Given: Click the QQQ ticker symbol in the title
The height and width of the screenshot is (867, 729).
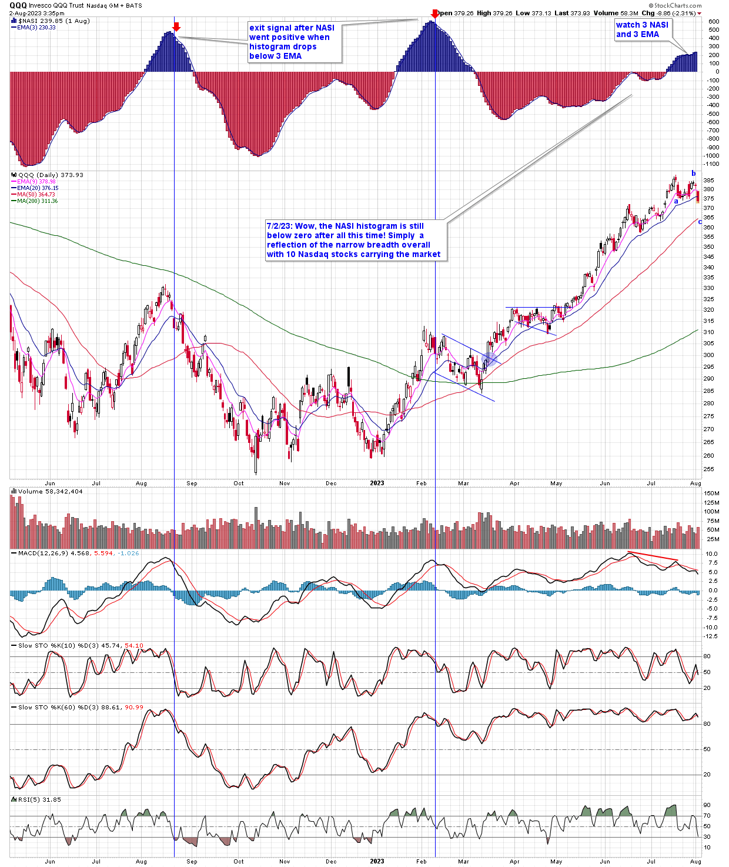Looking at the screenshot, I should (x=18, y=5).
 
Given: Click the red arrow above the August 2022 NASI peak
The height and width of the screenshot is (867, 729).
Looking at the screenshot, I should (x=176, y=26).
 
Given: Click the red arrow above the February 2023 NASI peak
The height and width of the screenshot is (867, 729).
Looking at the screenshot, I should (x=434, y=14).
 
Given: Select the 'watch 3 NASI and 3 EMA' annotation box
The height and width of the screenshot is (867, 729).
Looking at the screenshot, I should (x=642, y=29).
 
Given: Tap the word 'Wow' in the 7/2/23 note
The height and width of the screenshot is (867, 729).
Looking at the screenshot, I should (x=306, y=226).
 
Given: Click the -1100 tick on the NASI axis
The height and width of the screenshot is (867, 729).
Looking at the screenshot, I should (x=713, y=164).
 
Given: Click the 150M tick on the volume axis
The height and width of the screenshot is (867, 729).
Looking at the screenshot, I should (x=711, y=493).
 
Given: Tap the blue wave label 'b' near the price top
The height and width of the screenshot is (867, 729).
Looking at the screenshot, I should (x=694, y=174).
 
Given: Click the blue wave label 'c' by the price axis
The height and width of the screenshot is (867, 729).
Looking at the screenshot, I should (x=700, y=221).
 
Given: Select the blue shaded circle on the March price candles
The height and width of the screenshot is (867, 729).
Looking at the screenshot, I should (x=489, y=359).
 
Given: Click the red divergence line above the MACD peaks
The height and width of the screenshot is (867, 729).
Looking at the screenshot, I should (x=653, y=556).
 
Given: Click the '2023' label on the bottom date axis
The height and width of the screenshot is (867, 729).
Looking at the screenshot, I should (x=377, y=861).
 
